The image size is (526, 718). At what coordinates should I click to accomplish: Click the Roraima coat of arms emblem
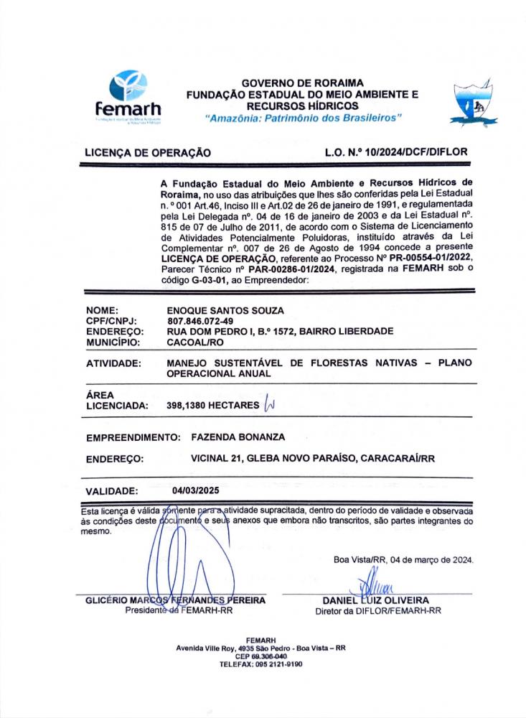473,101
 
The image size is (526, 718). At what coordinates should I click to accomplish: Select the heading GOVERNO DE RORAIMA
303,83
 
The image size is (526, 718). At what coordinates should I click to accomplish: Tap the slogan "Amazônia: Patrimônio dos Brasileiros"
303,116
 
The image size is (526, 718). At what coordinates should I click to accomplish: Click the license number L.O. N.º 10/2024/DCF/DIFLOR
395,152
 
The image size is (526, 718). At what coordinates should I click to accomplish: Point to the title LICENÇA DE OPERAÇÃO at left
148,153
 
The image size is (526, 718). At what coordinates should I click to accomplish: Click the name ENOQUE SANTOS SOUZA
225,310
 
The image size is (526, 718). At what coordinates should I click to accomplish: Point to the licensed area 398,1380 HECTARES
212,406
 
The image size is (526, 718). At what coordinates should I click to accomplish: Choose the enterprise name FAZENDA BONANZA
238,437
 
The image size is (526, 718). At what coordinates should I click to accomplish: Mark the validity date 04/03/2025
195,490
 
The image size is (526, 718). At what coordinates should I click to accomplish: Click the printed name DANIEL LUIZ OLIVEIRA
377,600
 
